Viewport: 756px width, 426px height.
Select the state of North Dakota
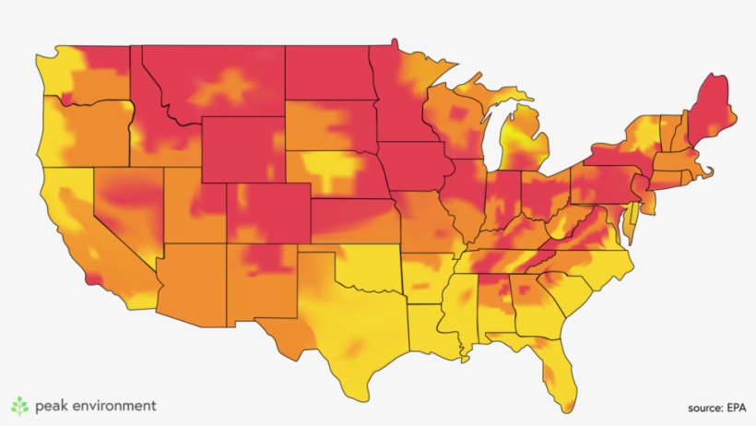coord(327,73)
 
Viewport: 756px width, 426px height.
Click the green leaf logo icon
coord(19,405)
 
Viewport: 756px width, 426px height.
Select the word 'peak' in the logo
coord(52,406)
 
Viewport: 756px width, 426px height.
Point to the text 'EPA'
coord(735,408)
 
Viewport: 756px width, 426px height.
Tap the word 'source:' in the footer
coord(703,408)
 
